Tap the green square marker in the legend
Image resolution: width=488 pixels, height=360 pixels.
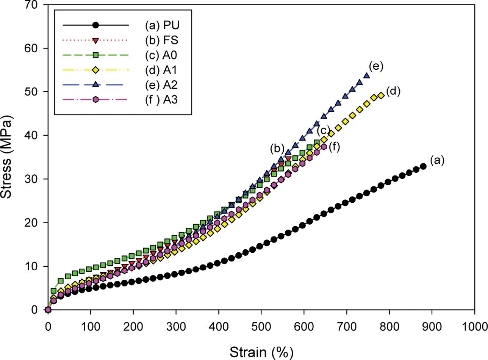pos(95,55)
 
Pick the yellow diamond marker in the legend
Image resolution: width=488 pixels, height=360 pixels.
pos(95,70)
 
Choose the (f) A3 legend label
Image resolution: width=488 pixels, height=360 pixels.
pos(162,100)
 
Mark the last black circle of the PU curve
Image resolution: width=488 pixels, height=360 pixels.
pos(423,166)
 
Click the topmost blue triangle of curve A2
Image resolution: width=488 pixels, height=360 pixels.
pos(366,75)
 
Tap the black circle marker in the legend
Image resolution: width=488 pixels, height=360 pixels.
pos(95,25)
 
